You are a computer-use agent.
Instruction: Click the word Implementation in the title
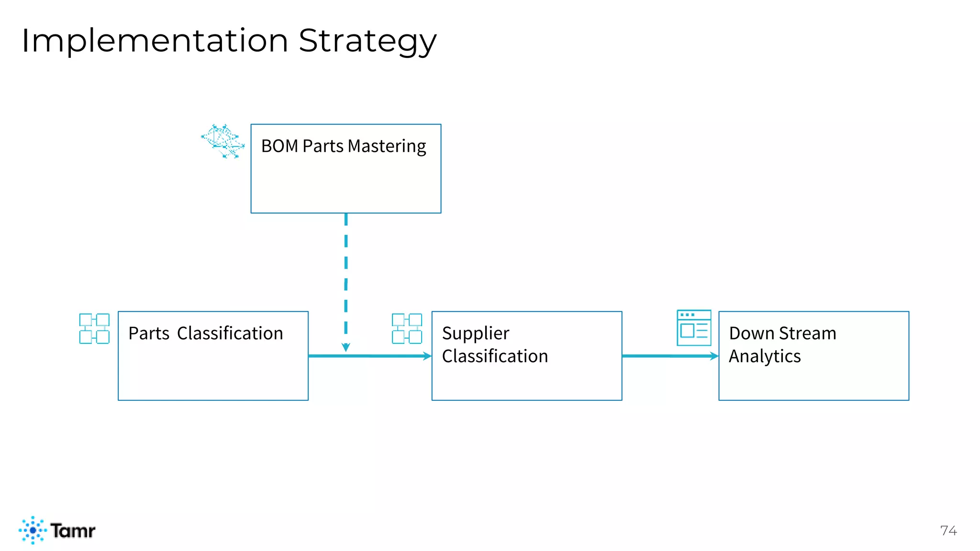155,41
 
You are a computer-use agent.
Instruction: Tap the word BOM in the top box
279,146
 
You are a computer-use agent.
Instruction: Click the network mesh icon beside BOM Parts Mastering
223,141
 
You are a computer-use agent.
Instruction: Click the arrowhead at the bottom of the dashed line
346,347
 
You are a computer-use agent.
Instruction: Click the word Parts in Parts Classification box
149,333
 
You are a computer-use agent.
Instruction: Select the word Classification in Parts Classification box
230,333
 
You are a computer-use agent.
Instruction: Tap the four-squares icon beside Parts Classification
94,329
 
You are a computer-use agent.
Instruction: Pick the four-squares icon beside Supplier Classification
407,329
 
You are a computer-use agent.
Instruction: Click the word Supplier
475,333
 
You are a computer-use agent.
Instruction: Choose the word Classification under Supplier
495,356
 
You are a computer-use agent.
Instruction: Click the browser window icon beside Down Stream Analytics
694,328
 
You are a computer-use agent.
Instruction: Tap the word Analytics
765,356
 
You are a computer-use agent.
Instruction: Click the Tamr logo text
73,530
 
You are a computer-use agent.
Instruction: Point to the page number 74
948,530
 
